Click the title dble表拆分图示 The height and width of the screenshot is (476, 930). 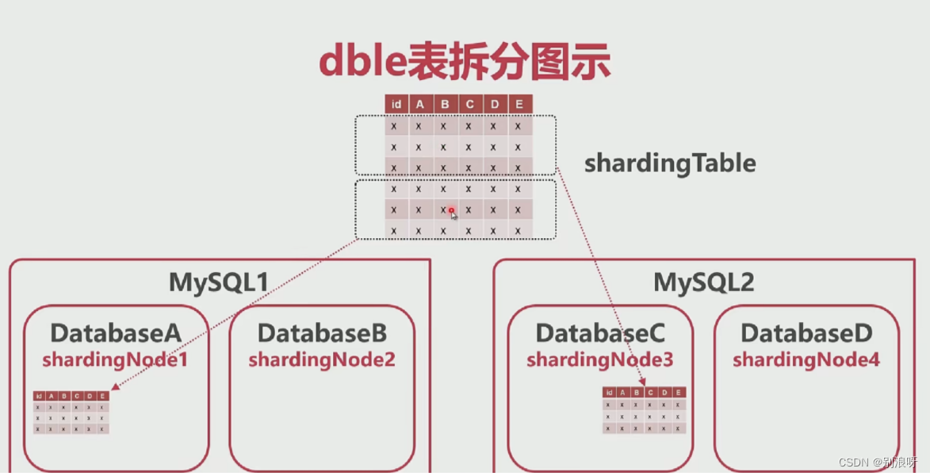coord(465,62)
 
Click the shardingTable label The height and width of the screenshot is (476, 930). coord(670,163)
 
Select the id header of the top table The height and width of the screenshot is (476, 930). coord(396,104)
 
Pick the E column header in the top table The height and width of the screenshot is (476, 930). coord(519,104)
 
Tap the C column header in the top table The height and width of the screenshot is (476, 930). coord(469,104)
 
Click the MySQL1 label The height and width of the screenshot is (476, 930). coord(219,282)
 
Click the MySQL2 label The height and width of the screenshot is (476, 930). coord(703,282)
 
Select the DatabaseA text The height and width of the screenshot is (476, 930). coord(116,333)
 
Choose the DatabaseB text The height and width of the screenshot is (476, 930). coord(322,333)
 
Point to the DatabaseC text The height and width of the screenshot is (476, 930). coord(600,333)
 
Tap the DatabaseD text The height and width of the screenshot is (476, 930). coord(806,333)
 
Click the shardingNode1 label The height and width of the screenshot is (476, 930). coord(116,359)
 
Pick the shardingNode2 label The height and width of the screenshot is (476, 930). coord(322,359)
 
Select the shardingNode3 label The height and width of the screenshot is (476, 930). coord(600,359)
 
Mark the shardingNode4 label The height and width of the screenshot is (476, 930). coord(806,359)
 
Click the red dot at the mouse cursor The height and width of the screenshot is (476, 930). coord(451,210)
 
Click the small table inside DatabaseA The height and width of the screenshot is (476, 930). coord(71,412)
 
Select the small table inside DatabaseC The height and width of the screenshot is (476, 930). coord(644,410)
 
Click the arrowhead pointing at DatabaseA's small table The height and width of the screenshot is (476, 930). coord(115,387)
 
